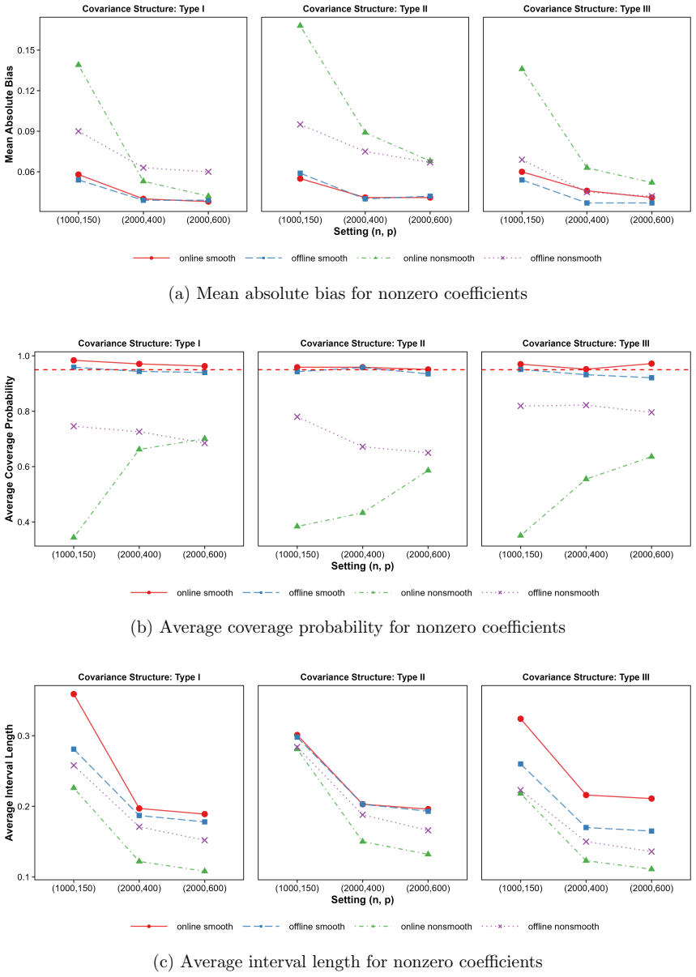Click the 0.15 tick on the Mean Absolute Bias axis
[26, 50]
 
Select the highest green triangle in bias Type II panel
[301, 25]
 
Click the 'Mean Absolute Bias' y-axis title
[9, 114]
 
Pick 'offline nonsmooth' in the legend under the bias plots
[566, 258]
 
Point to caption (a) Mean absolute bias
[348, 293]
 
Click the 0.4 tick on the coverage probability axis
[24, 522]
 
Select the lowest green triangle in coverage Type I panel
[74, 536]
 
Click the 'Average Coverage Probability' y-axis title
[9, 449]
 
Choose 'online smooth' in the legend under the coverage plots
[205, 593]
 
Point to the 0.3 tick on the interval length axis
[24, 736]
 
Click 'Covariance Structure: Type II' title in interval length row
[362, 677]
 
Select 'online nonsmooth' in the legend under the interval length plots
[437, 927]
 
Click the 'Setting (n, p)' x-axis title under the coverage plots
[362, 565]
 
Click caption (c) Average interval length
[348, 962]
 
